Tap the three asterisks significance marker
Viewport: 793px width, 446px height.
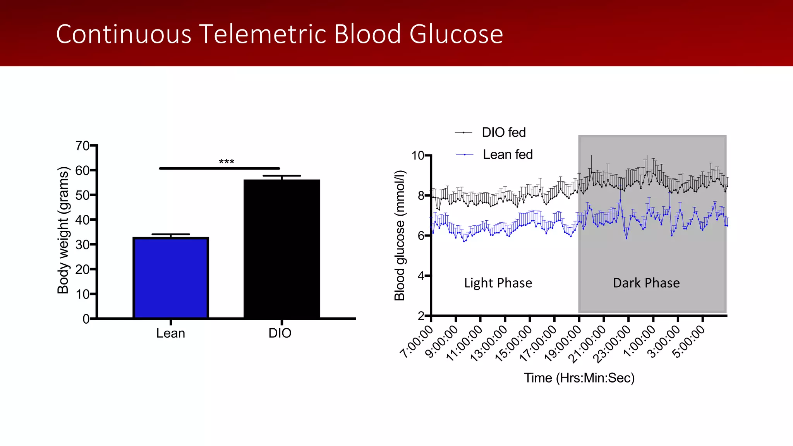(227, 162)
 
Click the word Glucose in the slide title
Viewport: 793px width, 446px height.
(456, 34)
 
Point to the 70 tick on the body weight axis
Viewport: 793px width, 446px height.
(82, 146)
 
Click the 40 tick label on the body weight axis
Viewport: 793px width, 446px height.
(82, 220)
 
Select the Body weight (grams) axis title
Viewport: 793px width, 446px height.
(63, 230)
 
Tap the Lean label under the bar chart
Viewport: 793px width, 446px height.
(170, 333)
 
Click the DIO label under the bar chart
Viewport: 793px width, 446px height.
(280, 333)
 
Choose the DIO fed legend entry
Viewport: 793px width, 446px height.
(503, 132)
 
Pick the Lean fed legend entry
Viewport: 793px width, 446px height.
(507, 154)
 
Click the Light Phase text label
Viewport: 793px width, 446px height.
(498, 283)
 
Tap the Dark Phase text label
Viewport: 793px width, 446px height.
(646, 283)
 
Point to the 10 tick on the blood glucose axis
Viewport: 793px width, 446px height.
(418, 156)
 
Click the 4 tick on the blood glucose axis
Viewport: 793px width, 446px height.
(421, 276)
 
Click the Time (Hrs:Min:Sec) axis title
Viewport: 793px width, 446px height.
(579, 378)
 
